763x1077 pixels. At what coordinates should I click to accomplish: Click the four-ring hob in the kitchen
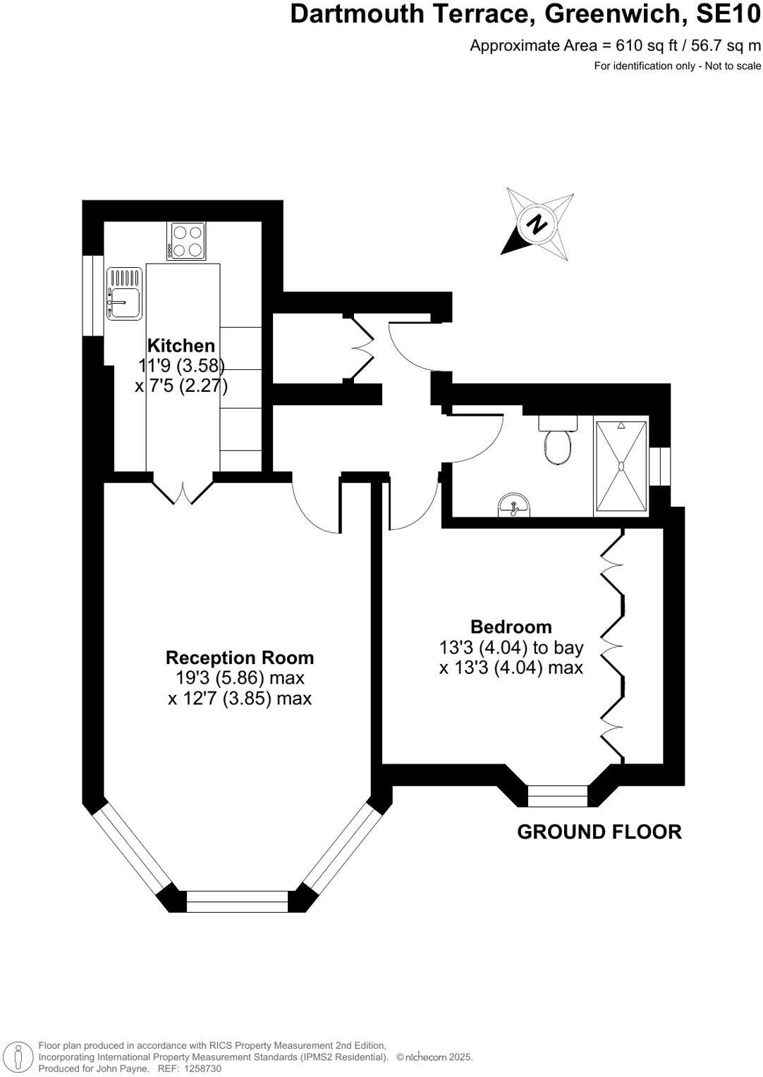pos(186,241)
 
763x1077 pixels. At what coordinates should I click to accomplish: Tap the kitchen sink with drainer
pos(125,293)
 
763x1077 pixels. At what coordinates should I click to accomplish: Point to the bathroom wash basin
pos(514,505)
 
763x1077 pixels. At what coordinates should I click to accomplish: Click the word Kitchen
pos(181,345)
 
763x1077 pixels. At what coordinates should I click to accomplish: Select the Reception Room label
pos(240,657)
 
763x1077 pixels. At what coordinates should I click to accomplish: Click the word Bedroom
pos(511,627)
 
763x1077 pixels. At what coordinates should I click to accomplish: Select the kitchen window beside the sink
pos(93,295)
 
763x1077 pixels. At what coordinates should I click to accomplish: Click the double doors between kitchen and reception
pos(183,488)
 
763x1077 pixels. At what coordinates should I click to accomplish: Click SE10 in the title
pos(728,14)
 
